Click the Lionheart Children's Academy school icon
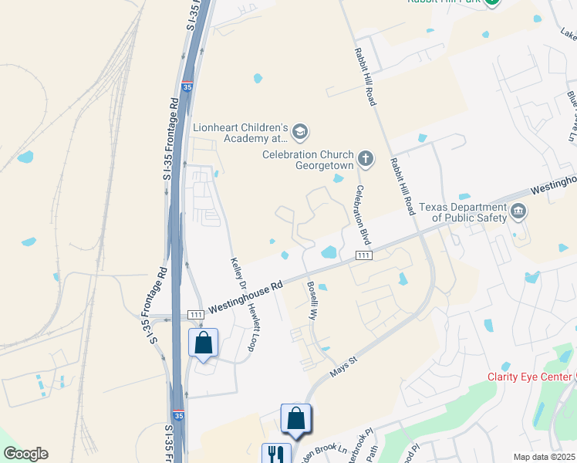(300, 133)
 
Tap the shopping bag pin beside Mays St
(295, 418)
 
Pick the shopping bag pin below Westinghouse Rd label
(204, 342)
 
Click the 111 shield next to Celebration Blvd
(364, 255)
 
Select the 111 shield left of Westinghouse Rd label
(196, 315)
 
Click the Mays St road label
(345, 367)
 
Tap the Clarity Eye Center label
(528, 377)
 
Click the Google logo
(25, 454)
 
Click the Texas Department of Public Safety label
(462, 212)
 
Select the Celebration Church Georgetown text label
(307, 160)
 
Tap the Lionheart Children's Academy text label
(240, 133)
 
